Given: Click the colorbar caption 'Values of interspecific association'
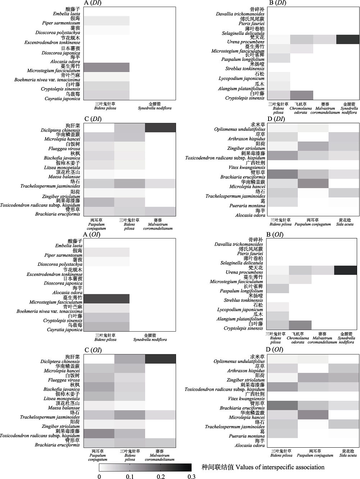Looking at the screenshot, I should click(280, 467).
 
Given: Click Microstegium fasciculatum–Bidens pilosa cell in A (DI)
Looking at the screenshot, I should click(107, 67).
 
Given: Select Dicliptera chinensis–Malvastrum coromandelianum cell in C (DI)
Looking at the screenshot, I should click(160, 128).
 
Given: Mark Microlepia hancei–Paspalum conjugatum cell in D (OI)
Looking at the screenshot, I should click(313, 415).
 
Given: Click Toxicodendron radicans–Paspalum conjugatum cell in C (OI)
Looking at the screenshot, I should click(99, 433).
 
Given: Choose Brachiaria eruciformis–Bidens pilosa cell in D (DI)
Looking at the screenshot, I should click(283, 174).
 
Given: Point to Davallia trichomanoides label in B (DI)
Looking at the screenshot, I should click(240, 14).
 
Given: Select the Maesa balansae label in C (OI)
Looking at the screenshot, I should click(64, 408).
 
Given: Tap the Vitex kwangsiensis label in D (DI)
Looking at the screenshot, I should click(247, 167).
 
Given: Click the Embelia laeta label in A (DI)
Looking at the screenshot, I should click(67, 14).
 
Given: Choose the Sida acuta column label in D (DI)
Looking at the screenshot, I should click(345, 224).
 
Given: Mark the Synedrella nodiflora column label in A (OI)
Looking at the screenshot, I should click(150, 339).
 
